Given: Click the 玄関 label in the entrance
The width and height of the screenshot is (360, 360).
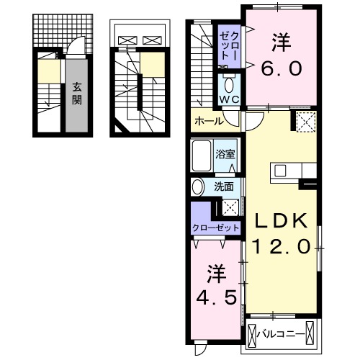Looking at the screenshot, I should [x=76, y=93].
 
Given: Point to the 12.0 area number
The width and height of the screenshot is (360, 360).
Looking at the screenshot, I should [x=282, y=246].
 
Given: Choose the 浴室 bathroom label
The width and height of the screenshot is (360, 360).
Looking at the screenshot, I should [x=225, y=153].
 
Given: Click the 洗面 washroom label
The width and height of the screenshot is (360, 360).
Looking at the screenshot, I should [x=224, y=186].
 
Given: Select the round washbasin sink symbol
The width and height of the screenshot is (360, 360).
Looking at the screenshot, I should [x=198, y=187].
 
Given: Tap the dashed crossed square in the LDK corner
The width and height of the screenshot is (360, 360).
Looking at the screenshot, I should [x=305, y=123].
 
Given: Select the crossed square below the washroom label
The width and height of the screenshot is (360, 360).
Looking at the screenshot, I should [x=230, y=207].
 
